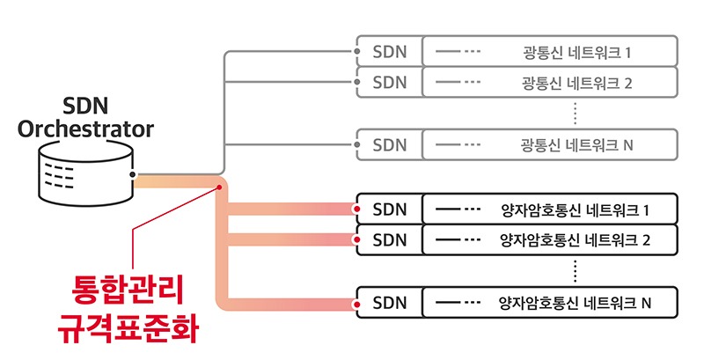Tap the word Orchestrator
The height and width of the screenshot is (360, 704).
86,130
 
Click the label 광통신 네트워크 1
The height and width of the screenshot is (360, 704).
576,51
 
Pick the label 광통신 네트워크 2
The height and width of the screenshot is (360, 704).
576,83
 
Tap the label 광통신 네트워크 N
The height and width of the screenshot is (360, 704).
576,144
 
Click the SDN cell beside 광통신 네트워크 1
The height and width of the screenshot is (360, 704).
390,51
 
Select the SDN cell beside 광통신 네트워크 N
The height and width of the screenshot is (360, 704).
390,144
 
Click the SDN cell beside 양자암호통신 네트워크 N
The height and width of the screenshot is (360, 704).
390,304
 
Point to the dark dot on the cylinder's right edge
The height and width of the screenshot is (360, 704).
133,175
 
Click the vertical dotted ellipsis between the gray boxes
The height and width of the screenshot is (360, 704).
574,113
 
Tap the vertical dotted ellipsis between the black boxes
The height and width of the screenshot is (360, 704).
574,271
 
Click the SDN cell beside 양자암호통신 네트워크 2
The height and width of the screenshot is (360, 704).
390,239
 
